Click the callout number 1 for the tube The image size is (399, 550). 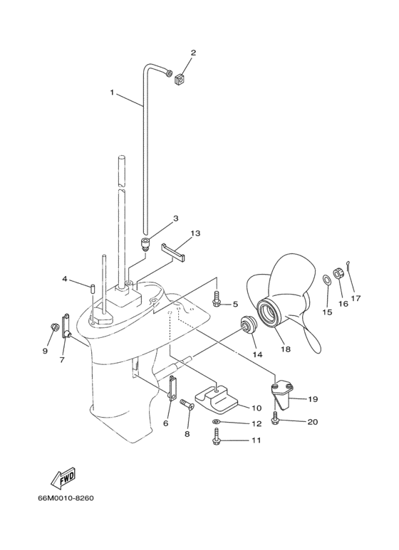[x=112, y=92]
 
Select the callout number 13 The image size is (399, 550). [x=195, y=233]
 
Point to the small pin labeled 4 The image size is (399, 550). [x=93, y=288]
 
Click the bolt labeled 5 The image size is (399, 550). [x=217, y=302]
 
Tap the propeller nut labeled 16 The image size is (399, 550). [x=340, y=272]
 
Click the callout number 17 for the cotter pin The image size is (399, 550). [x=355, y=298]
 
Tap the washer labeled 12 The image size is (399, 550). [x=217, y=423]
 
